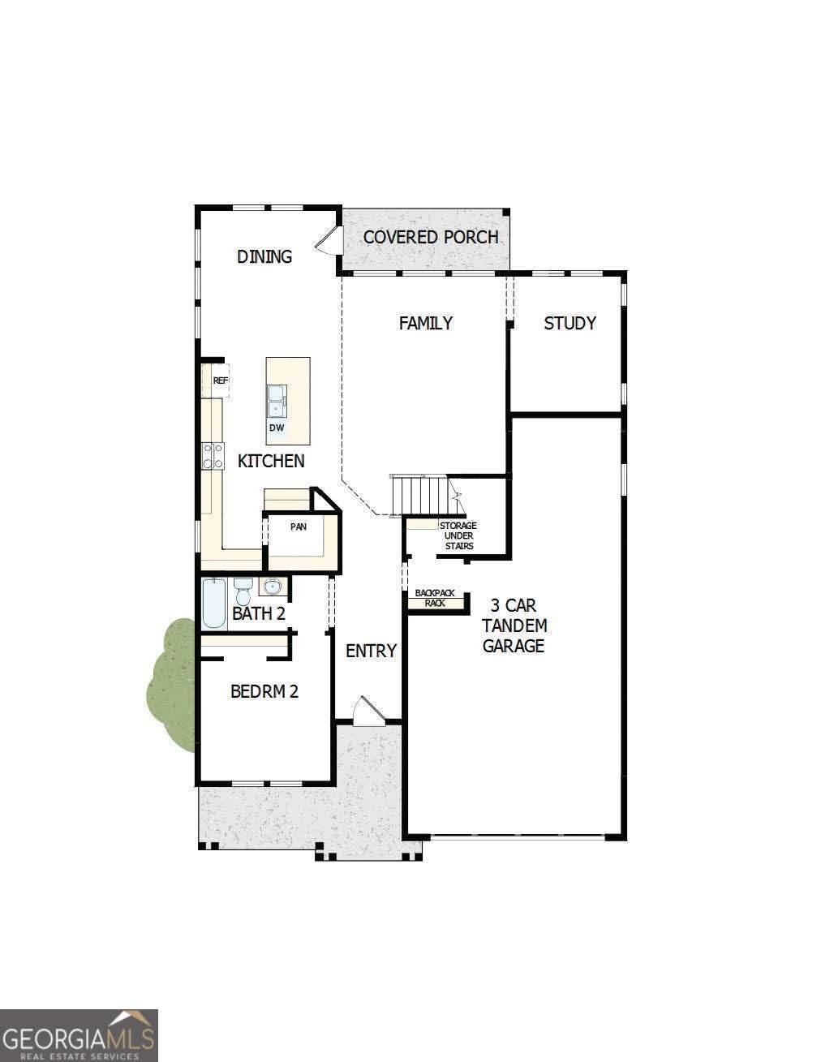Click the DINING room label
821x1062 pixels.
pyautogui.click(x=264, y=256)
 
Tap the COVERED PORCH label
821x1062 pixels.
pyautogui.click(x=430, y=237)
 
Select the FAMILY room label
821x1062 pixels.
pyautogui.click(x=425, y=323)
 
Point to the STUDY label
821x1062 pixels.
pyautogui.click(x=570, y=323)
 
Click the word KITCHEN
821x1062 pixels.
pyautogui.click(x=271, y=461)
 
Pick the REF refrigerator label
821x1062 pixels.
pyautogui.click(x=220, y=380)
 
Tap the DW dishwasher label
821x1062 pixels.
pyautogui.click(x=276, y=428)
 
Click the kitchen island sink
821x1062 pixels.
pyautogui.click(x=276, y=399)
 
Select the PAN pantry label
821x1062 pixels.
pyautogui.click(x=299, y=527)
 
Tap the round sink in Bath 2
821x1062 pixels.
pyautogui.click(x=272, y=586)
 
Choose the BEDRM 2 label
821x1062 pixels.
pyautogui.click(x=264, y=691)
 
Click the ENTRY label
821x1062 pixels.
pyautogui.click(x=371, y=651)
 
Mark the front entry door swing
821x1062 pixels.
pyautogui.click(x=366, y=711)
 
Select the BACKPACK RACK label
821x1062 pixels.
pyautogui.click(x=435, y=598)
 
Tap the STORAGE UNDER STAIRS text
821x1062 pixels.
pyautogui.click(x=458, y=535)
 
